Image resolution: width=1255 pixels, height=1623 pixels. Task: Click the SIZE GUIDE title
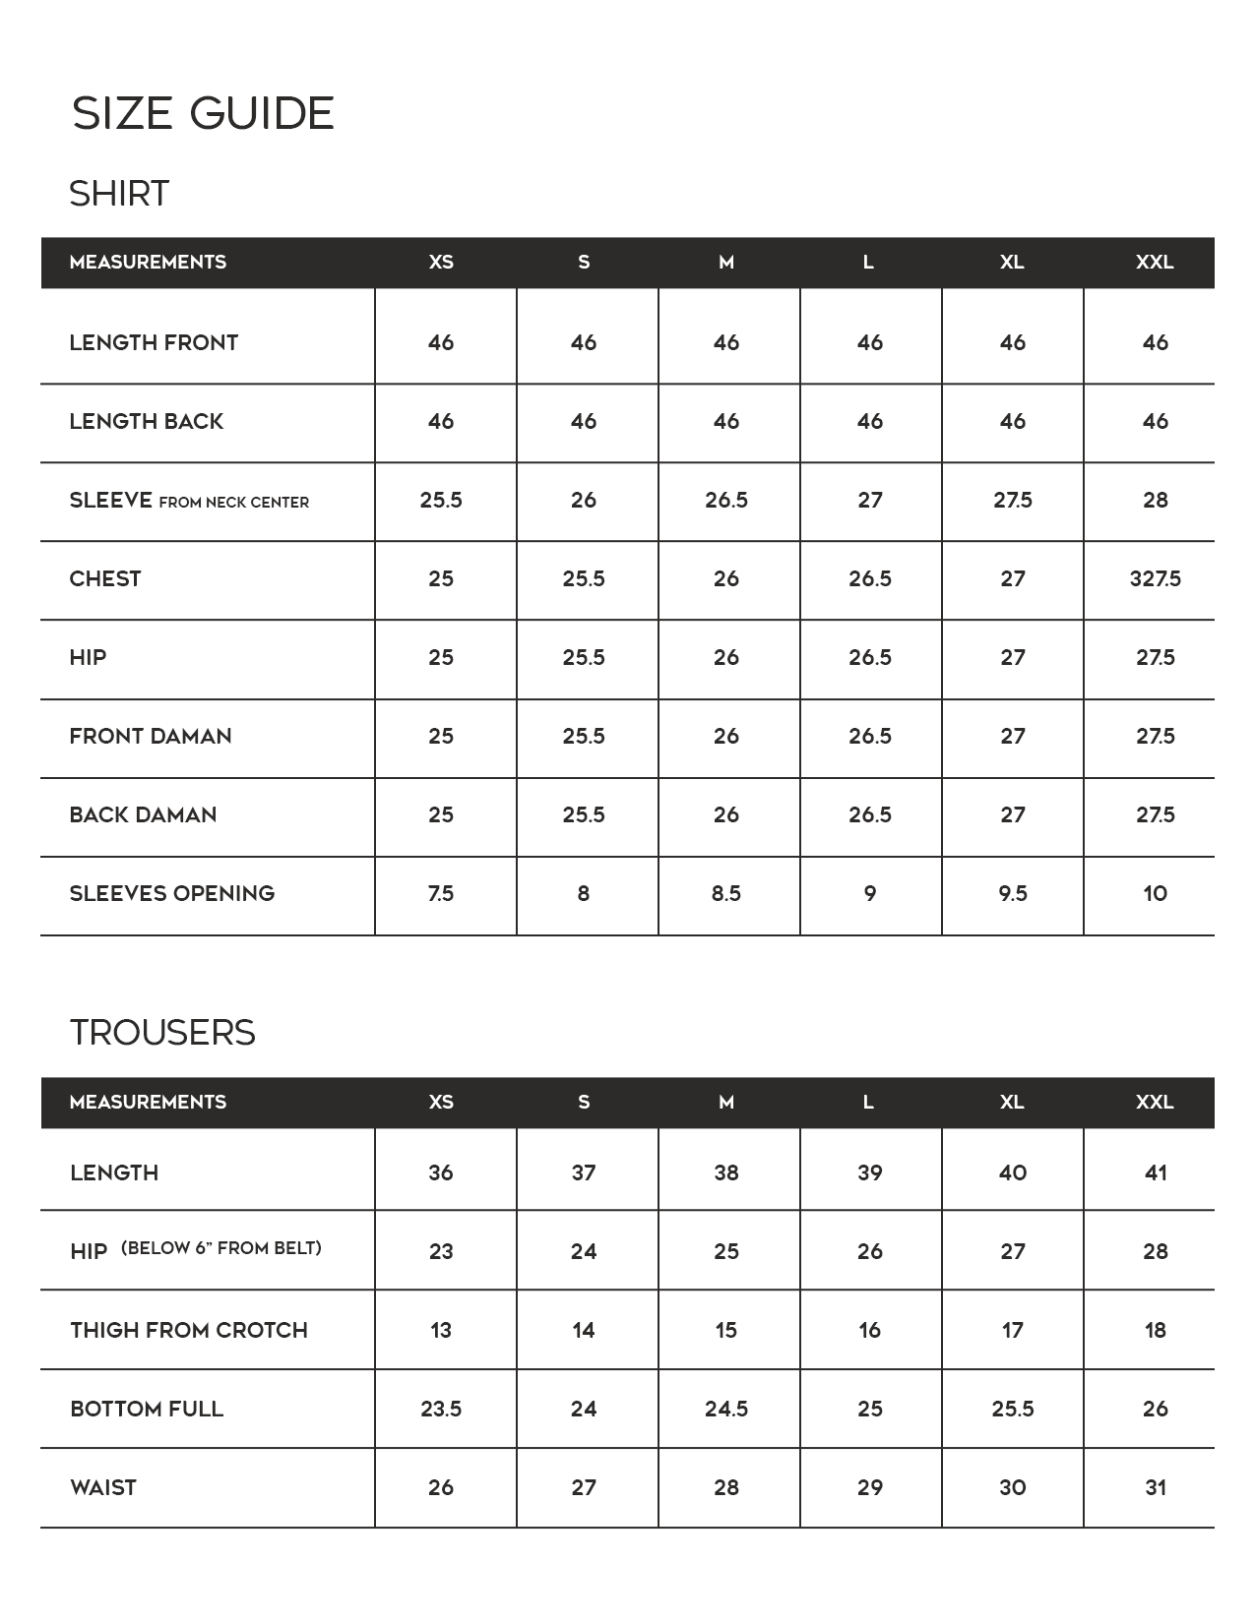tap(203, 113)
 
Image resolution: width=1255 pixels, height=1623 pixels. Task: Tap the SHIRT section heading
tap(119, 194)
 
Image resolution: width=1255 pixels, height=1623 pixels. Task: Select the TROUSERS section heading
tap(162, 1033)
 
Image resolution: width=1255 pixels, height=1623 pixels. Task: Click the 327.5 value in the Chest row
tap(1155, 578)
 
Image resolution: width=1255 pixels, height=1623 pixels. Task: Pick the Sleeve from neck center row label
tap(189, 501)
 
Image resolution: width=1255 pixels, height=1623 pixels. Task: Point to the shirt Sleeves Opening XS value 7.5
tap(441, 893)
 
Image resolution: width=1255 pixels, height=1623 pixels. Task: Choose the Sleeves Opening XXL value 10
tap(1155, 893)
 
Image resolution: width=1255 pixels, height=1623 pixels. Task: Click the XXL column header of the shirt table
tap(1155, 262)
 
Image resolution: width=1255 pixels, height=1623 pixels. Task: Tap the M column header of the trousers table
tap(726, 1102)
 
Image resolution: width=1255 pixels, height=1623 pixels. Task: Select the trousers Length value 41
tap(1156, 1172)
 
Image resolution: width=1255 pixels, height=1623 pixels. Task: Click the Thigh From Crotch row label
tap(189, 1330)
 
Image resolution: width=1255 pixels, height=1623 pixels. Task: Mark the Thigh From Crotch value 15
tap(726, 1330)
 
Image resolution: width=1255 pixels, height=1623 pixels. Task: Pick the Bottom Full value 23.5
tap(441, 1409)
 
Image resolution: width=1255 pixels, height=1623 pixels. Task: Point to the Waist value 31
tap(1156, 1487)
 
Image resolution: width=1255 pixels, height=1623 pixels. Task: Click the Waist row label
tap(103, 1487)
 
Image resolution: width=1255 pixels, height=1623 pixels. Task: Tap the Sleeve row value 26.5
tap(726, 500)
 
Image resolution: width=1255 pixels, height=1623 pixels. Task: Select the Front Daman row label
tap(151, 736)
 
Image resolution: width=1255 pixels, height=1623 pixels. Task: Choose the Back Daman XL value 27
tap(1013, 814)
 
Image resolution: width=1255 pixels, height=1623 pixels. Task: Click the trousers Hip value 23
tap(441, 1251)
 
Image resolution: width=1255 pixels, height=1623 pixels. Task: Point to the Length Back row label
tap(147, 421)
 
